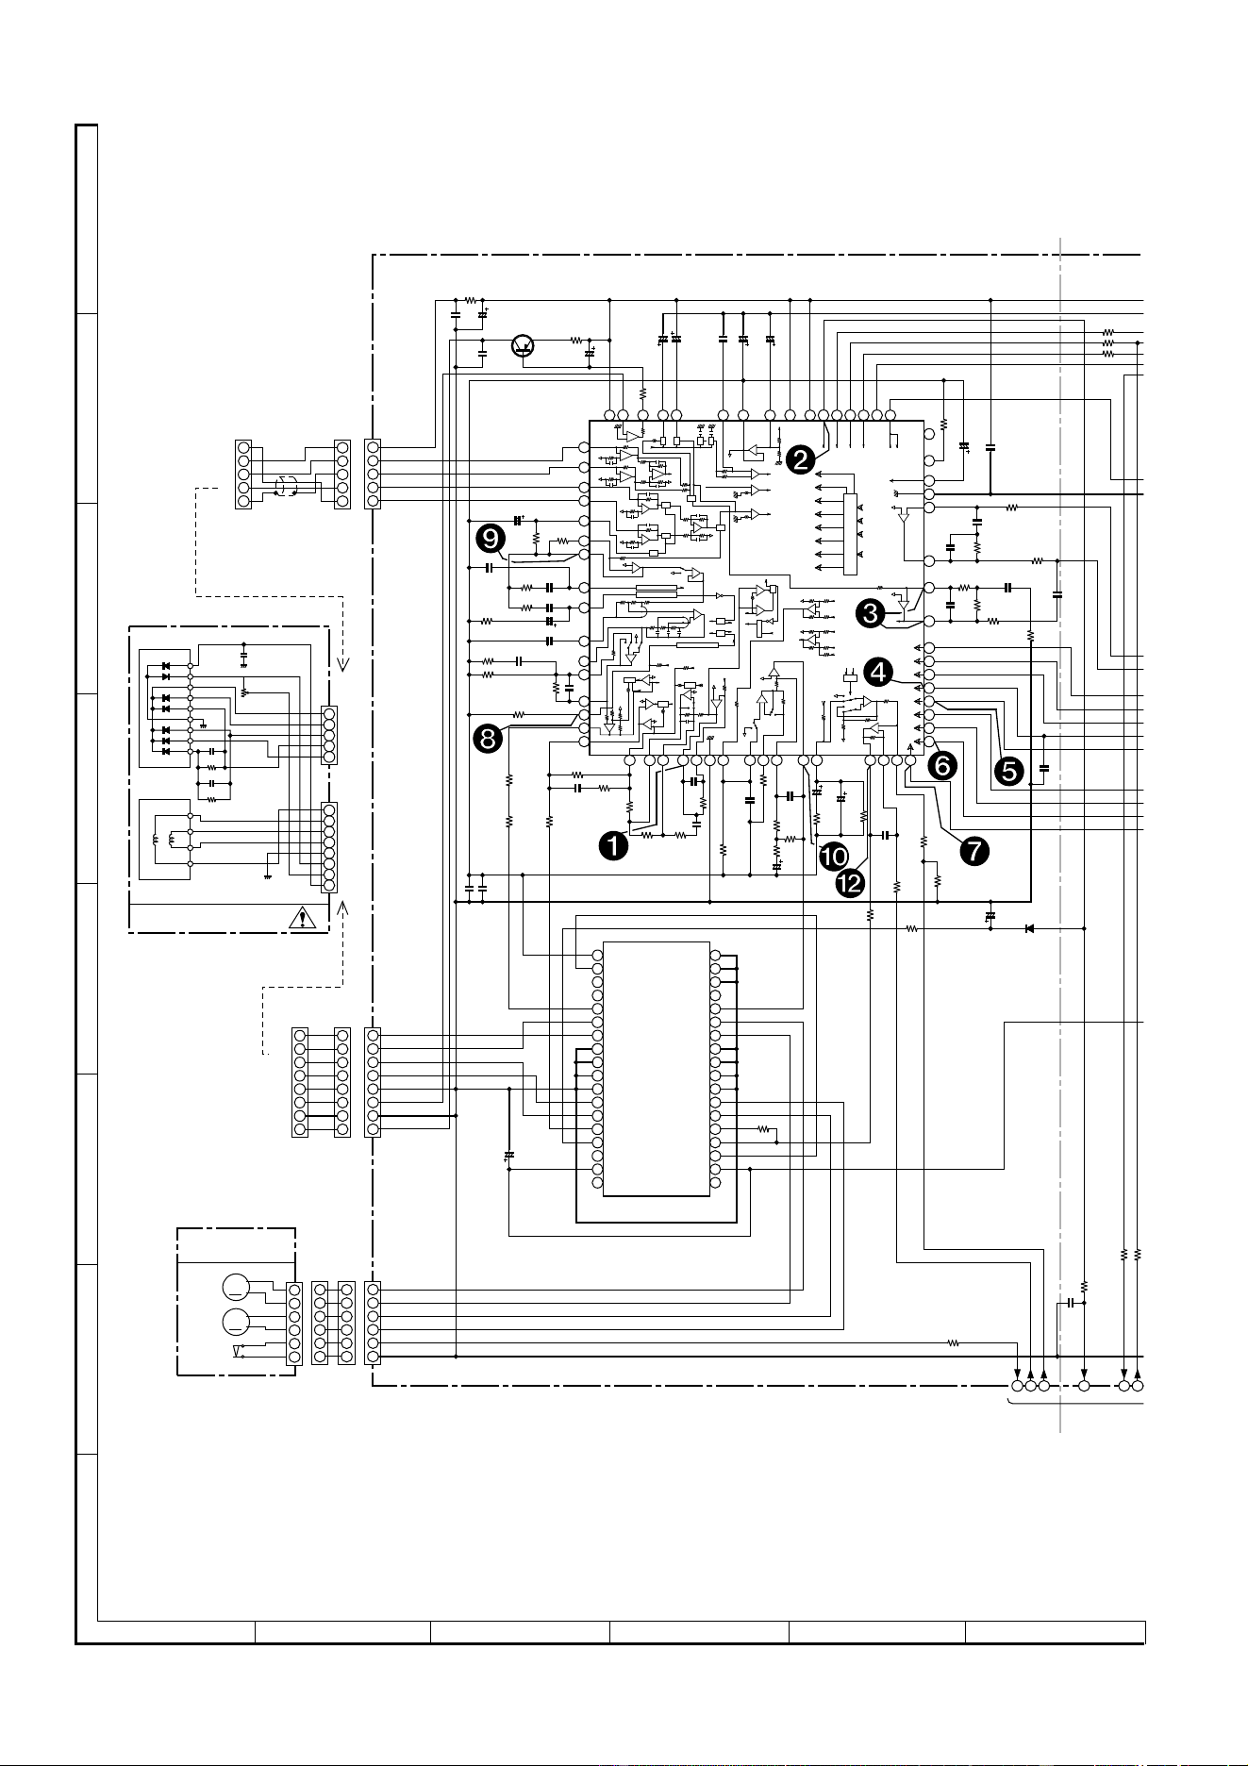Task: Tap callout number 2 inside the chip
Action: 800,459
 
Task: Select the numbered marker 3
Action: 870,612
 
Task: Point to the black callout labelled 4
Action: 878,672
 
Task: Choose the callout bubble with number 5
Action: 1008,771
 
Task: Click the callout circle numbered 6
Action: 940,766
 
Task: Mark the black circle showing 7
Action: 973,850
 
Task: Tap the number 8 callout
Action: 487,740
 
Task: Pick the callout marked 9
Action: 491,539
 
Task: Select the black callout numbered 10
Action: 834,856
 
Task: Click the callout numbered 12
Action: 850,883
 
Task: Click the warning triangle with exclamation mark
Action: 303,918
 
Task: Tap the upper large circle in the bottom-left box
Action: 237,1286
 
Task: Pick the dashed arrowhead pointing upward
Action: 342,908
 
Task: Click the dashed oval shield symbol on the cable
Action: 285,487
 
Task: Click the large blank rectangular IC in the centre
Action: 656,1068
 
